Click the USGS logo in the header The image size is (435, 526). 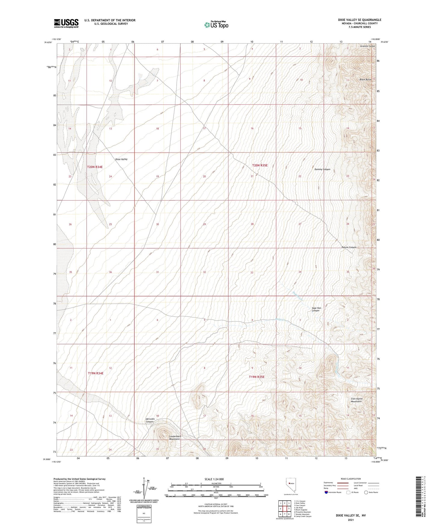pyautogui.click(x=66, y=23)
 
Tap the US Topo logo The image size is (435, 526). pyautogui.click(x=216, y=25)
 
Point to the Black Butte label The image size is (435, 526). pyautogui.click(x=365, y=80)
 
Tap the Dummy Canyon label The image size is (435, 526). pyautogui.click(x=322, y=169)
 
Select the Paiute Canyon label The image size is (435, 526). pyautogui.click(x=349, y=247)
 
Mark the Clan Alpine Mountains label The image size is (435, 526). pyautogui.click(x=356, y=400)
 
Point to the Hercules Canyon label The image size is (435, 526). pyautogui.click(x=150, y=420)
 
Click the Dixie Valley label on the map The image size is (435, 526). pyautogui.click(x=121, y=159)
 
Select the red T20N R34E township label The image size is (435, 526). pyautogui.click(x=95, y=167)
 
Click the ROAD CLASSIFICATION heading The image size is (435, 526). pyautogui.click(x=351, y=479)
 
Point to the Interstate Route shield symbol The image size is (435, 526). pyautogui.click(x=327, y=492)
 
